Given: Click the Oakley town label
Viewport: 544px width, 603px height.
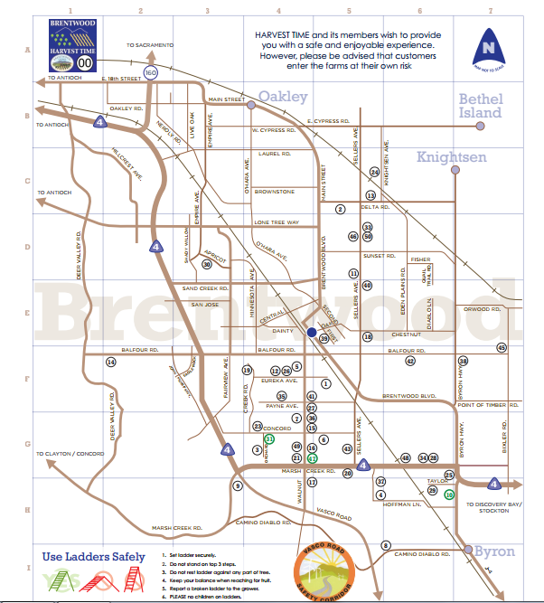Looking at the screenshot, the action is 283,97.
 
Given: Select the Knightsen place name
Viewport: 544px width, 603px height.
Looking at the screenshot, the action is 451,157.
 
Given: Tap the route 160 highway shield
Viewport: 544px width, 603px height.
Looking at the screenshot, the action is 151,72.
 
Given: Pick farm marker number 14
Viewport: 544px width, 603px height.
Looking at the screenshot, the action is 111,362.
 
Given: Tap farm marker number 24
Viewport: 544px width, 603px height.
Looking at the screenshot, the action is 374,172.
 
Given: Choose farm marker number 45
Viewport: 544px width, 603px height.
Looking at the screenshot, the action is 502,347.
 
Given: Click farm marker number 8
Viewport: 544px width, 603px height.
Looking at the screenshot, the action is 386,545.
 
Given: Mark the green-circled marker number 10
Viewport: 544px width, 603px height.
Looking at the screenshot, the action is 449,495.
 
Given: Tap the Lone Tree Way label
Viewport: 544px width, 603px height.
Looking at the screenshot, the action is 276,221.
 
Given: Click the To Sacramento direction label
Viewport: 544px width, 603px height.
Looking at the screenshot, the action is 149,44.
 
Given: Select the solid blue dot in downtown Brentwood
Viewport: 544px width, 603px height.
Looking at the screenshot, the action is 311,333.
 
